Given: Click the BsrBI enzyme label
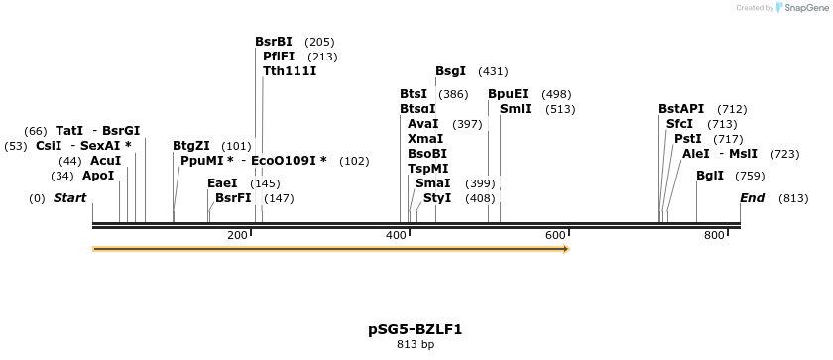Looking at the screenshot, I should click(274, 42).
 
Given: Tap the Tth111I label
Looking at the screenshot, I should click(290, 71).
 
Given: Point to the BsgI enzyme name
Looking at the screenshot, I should click(451, 71).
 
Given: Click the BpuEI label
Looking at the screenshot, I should click(508, 94).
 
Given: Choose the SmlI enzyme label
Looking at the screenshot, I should click(516, 109).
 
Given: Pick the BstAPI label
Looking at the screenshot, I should click(681, 109).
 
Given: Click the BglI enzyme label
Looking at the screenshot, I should click(710, 176).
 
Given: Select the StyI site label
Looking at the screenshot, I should click(437, 198).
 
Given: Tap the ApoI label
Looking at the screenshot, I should click(98, 176).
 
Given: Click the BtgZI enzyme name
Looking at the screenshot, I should click(191, 146).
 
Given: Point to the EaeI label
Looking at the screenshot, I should click(222, 183).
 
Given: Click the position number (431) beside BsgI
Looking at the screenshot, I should click(493, 71).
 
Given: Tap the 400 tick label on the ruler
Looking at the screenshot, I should click(396, 235).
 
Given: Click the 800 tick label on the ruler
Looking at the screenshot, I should click(714, 235).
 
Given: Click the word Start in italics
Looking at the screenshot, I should click(70, 198).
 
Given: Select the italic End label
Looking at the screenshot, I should click(753, 198).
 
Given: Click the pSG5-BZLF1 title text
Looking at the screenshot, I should click(416, 329).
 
